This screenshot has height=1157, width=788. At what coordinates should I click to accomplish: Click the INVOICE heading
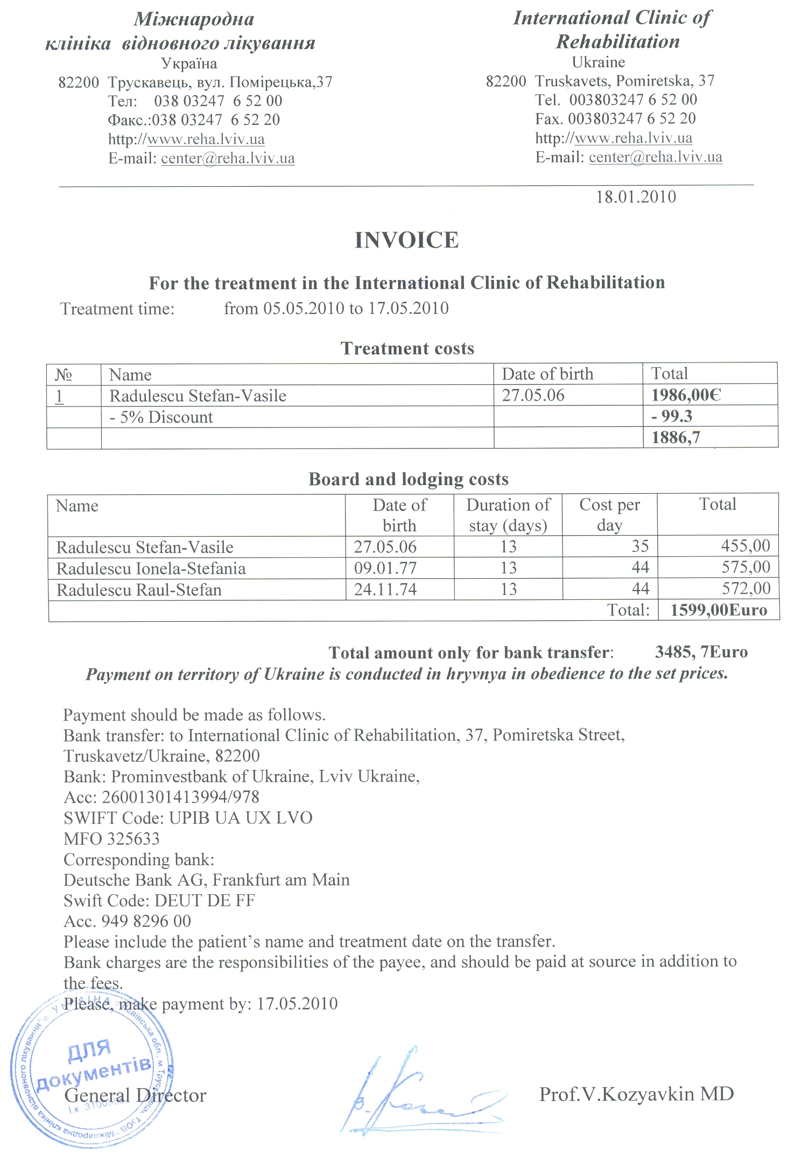coord(406,240)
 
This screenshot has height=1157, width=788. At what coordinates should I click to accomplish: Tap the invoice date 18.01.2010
coord(636,197)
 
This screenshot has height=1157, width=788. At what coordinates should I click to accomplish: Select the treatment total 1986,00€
coord(686,396)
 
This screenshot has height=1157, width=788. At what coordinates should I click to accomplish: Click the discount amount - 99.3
coord(672,417)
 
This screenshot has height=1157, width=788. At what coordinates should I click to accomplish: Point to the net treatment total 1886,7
coord(676,438)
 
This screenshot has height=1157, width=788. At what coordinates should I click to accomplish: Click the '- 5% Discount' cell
coord(161,417)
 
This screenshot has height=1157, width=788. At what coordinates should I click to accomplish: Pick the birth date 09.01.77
coord(385,569)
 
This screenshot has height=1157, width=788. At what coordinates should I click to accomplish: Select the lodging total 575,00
coord(746,567)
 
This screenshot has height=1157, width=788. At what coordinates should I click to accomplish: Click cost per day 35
coord(640,546)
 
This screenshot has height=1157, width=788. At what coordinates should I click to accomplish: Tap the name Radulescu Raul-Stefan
coord(139,590)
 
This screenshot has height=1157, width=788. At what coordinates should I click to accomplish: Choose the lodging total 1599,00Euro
coord(719,611)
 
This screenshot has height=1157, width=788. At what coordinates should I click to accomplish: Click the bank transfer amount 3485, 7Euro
coord(701,653)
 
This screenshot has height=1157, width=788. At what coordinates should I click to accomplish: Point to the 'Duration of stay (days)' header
coord(508,515)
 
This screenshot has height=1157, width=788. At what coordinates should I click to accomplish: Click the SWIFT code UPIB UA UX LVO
coord(241,818)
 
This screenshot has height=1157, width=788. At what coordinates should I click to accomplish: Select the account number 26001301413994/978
coord(181,797)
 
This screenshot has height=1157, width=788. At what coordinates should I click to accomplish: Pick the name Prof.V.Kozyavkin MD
coord(637,1094)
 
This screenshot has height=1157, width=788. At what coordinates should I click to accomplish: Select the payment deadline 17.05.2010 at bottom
coord(297,1004)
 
